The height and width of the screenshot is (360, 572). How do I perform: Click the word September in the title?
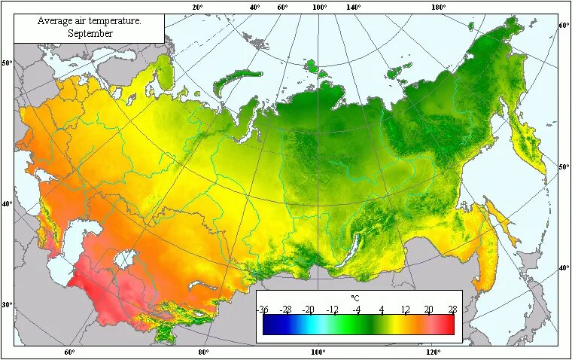tap(90, 33)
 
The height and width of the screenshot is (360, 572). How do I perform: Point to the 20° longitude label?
tap(197, 7)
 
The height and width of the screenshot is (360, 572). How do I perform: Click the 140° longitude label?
tap(354, 7)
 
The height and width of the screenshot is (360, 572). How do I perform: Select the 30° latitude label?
tap(8, 305)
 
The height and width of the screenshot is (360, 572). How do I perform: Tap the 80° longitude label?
tap(203, 352)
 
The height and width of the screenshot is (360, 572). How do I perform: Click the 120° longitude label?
tap(432, 352)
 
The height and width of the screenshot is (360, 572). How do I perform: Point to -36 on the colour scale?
tap(263, 310)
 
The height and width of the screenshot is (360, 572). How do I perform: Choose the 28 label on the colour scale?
tap(452, 310)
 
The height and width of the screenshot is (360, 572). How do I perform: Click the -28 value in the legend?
tap(286, 310)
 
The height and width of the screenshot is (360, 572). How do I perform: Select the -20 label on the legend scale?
tap(309, 310)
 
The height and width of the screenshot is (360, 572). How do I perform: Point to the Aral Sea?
tap(125, 259)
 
